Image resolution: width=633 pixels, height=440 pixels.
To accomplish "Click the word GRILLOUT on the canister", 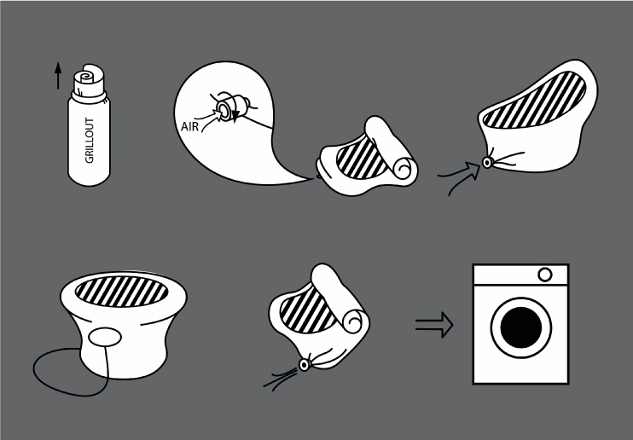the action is point(90,140).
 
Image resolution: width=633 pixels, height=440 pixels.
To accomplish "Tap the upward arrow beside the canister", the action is point(58,76).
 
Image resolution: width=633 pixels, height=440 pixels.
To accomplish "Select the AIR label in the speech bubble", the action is point(189,126).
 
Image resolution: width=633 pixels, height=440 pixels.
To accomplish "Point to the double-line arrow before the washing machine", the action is point(434,325).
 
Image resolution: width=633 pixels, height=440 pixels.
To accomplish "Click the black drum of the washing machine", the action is point(521,327).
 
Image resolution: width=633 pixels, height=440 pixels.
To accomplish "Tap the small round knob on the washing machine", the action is point(545,275).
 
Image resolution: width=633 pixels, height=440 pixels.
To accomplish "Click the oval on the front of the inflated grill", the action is point(105,338).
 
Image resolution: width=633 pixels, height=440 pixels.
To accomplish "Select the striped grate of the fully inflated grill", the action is point(121,291).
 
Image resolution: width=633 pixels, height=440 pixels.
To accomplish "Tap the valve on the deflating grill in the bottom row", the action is point(304,365).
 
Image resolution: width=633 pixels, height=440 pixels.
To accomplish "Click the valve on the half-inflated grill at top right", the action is point(487,163).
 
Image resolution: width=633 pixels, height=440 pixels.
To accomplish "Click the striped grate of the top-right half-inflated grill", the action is point(535,99).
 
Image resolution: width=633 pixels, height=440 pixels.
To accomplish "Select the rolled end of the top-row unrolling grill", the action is point(391,149).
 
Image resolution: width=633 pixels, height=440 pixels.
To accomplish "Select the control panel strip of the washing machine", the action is point(520,275).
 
